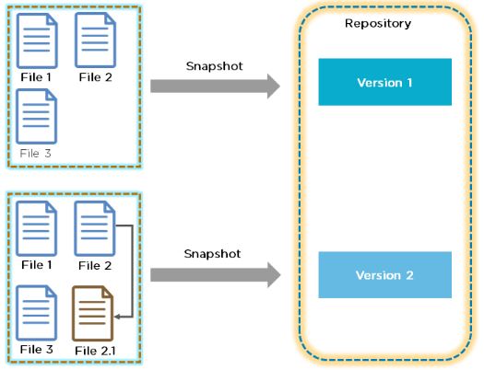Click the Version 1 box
[x=385, y=82]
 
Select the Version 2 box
[x=385, y=275]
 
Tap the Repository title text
[x=378, y=24]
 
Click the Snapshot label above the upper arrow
[x=214, y=66]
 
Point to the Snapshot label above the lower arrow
[x=212, y=254]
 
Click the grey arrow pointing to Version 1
[x=215, y=87]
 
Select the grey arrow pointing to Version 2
[x=215, y=275]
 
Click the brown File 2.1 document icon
[x=92, y=313]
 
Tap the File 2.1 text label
[x=95, y=351]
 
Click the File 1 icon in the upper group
[x=37, y=40]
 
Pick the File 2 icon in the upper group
[x=95, y=40]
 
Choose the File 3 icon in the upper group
[x=37, y=116]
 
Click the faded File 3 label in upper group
[x=36, y=154]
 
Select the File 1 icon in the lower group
[x=37, y=228]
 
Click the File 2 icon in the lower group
[x=95, y=228]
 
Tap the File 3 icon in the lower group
[x=37, y=313]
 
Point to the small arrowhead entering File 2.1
[x=117, y=317]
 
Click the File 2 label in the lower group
[x=95, y=266]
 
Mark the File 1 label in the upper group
[x=36, y=77]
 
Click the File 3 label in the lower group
[x=37, y=350]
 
